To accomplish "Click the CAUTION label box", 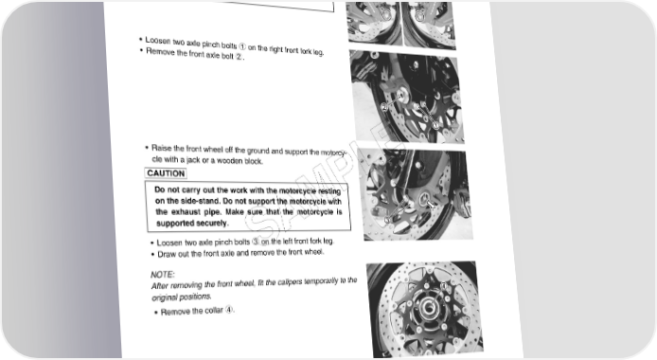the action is pyautogui.click(x=166, y=173).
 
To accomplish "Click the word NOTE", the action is pyautogui.click(x=162, y=275).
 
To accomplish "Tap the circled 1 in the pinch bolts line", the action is pyautogui.click(x=242, y=46).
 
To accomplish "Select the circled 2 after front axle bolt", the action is pyautogui.click(x=239, y=57).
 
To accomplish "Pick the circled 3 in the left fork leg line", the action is pyautogui.click(x=256, y=242).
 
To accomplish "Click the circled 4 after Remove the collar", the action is pyautogui.click(x=228, y=310).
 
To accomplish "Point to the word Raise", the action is pyautogui.click(x=162, y=148).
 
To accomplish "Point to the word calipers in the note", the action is pyautogui.click(x=290, y=282).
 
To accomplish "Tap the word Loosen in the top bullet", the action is pyautogui.click(x=158, y=41).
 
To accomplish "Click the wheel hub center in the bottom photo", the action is pyautogui.click(x=428, y=309).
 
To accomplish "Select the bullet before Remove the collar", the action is pyautogui.click(x=156, y=313).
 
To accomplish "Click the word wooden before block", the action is pyautogui.click(x=230, y=161).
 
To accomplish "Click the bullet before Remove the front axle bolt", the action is pyautogui.click(x=141, y=51).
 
